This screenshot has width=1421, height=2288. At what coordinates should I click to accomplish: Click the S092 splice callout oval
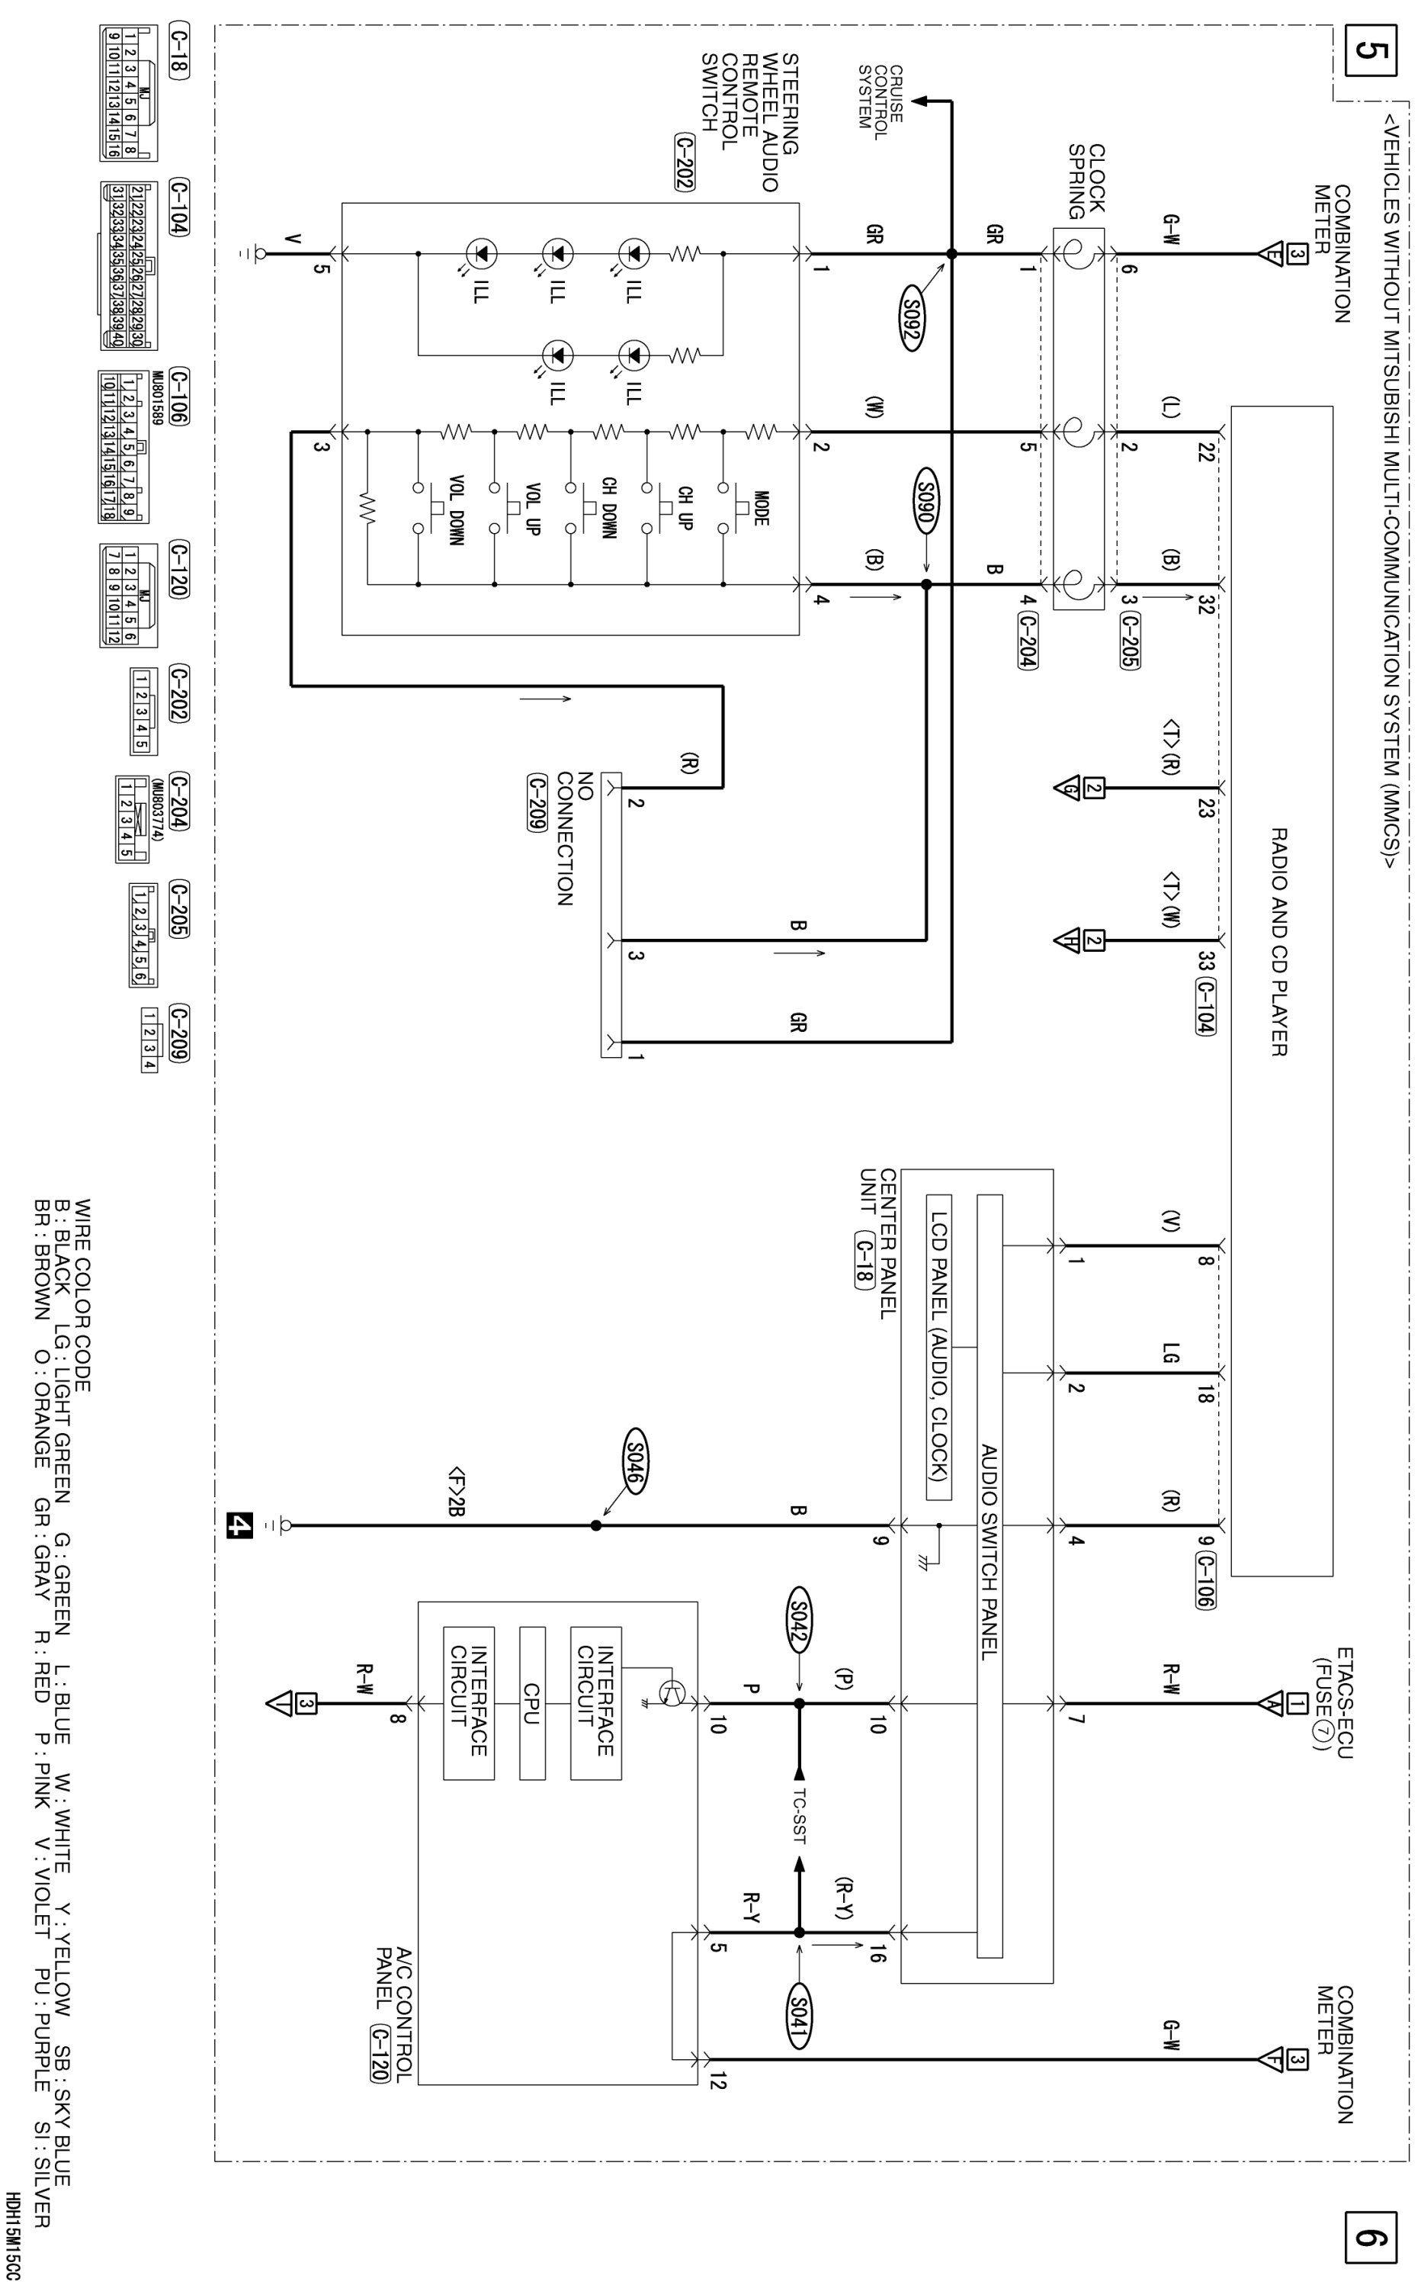pyautogui.click(x=911, y=323)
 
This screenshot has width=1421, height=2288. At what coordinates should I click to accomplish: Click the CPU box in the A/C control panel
pyautogui.click(x=532, y=1702)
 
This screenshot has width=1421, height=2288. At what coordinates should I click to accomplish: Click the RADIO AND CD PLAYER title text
pyautogui.click(x=1279, y=941)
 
